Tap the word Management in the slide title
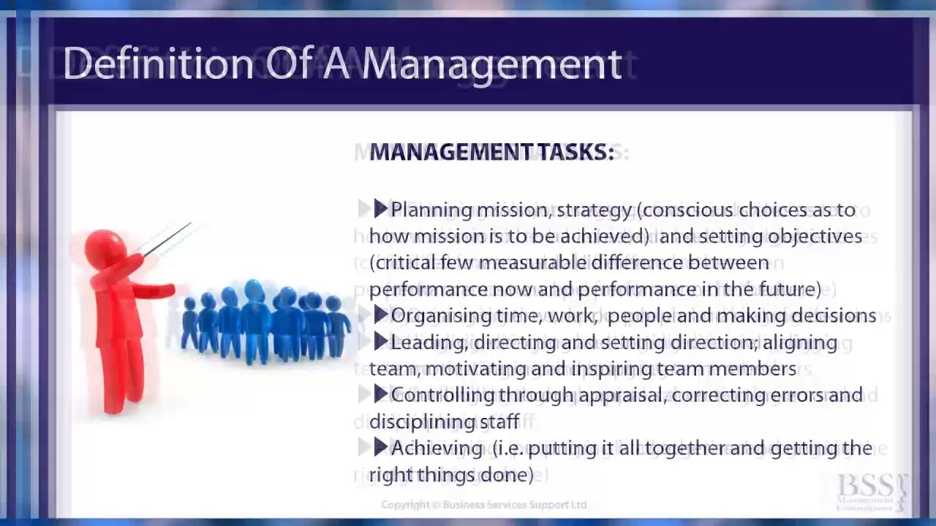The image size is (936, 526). click(491, 64)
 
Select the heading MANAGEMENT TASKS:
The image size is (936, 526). click(491, 152)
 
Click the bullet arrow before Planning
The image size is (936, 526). click(380, 210)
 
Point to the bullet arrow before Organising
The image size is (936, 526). click(380, 316)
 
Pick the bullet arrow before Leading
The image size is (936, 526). click(380, 342)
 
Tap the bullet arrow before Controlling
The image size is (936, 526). click(380, 394)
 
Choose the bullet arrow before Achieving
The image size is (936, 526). click(380, 447)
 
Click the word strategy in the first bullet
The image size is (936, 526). click(594, 210)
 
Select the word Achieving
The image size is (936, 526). click(437, 448)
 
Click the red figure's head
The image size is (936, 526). click(105, 247)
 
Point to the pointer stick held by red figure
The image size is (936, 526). click(168, 240)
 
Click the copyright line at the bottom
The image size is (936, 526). click(483, 505)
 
